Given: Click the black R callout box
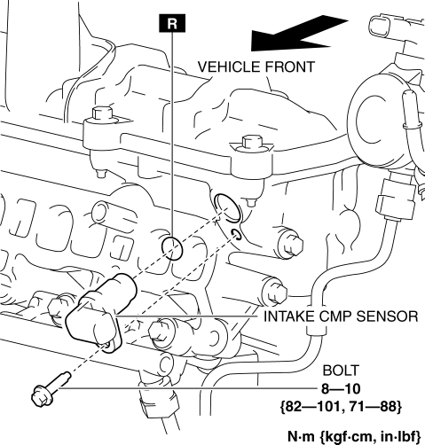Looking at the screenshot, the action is click(x=172, y=23).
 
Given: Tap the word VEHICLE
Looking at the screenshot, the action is click(x=228, y=66).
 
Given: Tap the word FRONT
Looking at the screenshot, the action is click(x=290, y=66).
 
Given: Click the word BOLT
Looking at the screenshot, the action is click(x=341, y=371).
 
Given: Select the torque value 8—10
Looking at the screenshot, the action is click(x=341, y=389).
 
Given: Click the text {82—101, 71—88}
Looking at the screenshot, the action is click(x=341, y=407).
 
